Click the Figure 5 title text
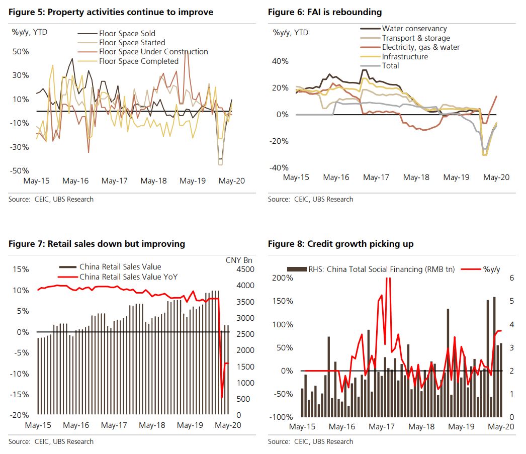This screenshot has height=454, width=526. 111,12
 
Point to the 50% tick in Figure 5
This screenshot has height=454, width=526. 20,52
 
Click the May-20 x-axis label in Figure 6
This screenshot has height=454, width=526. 497,177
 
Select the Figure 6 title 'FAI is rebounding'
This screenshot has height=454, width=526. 325,12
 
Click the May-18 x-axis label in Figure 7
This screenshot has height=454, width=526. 152,425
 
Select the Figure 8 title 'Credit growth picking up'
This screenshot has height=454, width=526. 340,244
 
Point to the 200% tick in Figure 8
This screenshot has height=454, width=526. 281,278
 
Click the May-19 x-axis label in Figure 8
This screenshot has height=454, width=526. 461,426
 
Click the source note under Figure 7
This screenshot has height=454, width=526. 51,441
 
